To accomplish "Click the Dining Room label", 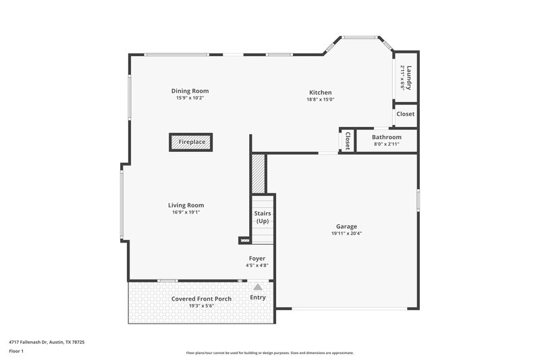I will click(190, 91).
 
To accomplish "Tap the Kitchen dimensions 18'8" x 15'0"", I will click(321, 99).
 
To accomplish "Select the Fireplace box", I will click(192, 143).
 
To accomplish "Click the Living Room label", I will click(186, 205).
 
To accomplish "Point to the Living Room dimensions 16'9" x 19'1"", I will click(186, 213).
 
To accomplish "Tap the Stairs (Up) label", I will click(263, 217).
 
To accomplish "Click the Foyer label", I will click(257, 258).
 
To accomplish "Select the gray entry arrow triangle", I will click(257, 287).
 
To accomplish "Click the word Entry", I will click(258, 297).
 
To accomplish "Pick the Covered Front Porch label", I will click(201, 299).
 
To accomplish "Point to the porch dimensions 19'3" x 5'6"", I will click(201, 306).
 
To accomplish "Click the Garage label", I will click(346, 226).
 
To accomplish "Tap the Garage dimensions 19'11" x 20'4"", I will click(346, 234).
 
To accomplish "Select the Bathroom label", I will click(386, 137).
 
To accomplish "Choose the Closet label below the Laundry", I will click(405, 114).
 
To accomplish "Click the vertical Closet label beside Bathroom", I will click(347, 140).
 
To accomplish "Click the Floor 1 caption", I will click(17, 352).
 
